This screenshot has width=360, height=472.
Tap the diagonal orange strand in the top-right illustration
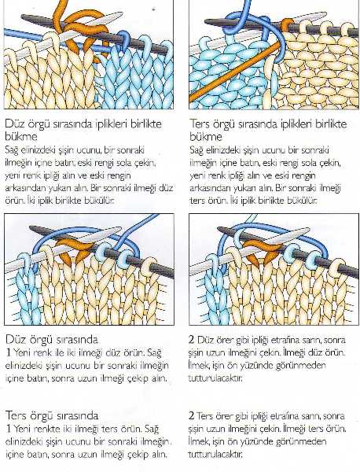[234, 72]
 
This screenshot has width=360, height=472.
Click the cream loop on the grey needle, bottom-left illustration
[149, 266]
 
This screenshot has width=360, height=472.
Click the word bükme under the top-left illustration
[21, 137]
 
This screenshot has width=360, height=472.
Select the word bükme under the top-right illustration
[206, 137]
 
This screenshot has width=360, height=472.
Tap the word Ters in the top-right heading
[200, 124]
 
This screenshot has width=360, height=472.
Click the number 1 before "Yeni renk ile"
[9, 352]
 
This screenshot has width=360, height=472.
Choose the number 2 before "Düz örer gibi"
[192, 340]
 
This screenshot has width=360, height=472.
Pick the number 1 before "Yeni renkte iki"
[9, 429]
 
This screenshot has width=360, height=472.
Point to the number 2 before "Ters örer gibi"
[192, 415]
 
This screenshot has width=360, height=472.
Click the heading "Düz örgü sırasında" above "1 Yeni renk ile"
[52, 340]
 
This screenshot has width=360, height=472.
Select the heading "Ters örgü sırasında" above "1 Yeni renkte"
[52, 415]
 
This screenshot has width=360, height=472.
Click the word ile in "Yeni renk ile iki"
[60, 352]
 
